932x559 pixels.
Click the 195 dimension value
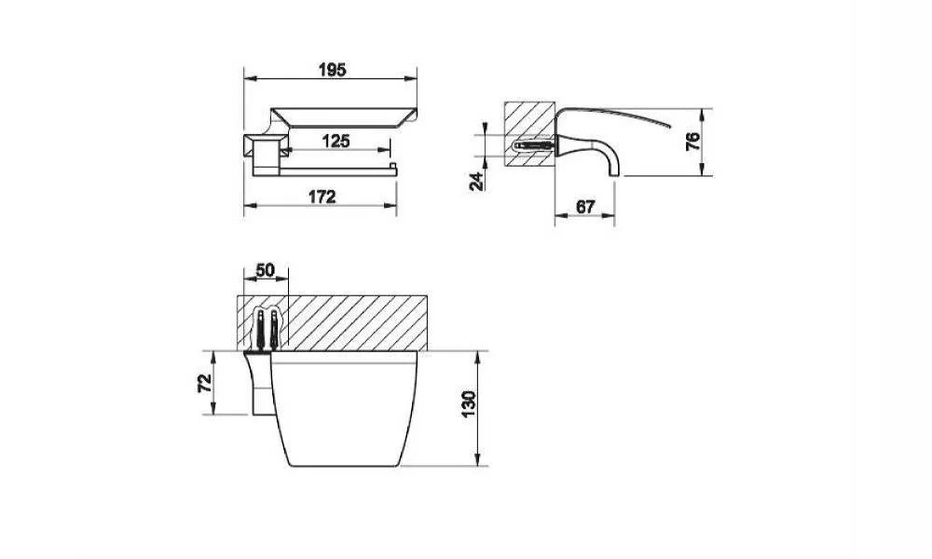point(333,70)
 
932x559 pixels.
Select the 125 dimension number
point(336,142)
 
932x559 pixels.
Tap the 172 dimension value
point(322,197)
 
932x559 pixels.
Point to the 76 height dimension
point(693,142)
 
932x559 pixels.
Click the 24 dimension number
point(476,181)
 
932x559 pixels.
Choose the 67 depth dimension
point(585,207)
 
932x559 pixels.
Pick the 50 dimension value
point(265,270)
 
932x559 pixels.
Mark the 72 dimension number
point(204,383)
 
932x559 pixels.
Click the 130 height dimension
point(469,404)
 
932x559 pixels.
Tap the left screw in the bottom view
point(260,329)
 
